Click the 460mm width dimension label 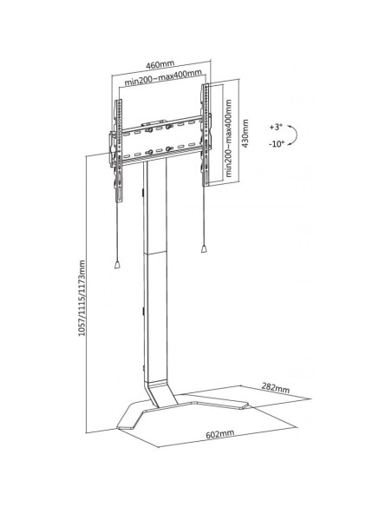pyautogui.click(x=160, y=64)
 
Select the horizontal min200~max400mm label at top pyautogui.click(x=163, y=77)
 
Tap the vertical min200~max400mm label pyautogui.click(x=229, y=138)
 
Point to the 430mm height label pyautogui.click(x=245, y=134)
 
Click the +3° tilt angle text pyautogui.click(x=276, y=127)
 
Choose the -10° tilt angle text pyautogui.click(x=277, y=143)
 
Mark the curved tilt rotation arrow pyautogui.click(x=293, y=135)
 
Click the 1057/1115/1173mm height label pyautogui.click(x=82, y=298)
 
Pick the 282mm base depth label pyautogui.click(x=276, y=387)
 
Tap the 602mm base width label pyautogui.click(x=220, y=433)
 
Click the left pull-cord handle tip pyautogui.click(x=117, y=265)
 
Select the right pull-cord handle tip pyautogui.click(x=204, y=248)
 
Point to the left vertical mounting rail pyautogui.click(x=119, y=150)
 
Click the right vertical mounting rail pyautogui.click(x=206, y=135)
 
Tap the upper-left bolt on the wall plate pyautogui.click(x=149, y=130)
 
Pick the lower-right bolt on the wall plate pyautogui.click(x=168, y=149)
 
